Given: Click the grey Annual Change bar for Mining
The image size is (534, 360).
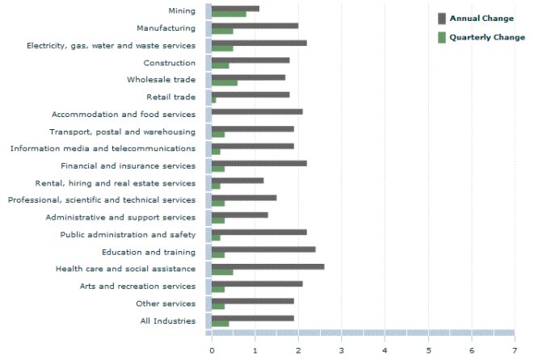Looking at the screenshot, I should point(235,8).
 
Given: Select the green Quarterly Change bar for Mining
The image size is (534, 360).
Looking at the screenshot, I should point(229,14).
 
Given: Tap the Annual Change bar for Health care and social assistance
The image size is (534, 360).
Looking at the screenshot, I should point(267,266).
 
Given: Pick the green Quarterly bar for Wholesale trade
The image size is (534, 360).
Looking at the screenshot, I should point(225,82).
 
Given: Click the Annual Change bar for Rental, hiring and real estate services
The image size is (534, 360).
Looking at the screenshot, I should point(238,180).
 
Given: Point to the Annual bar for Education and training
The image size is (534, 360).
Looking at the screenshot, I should point(263,249).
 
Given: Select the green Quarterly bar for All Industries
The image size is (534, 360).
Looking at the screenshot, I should point(220,324).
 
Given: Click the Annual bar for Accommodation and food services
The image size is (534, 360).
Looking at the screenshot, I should point(257,111).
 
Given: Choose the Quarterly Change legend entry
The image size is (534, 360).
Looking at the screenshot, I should point(481,37).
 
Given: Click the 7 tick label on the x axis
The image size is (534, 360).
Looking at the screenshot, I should point(515,350).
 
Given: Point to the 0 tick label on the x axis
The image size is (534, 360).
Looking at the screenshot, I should point(212,350).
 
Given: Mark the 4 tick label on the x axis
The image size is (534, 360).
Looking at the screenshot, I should point(385,350).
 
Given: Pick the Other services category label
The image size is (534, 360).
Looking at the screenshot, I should point(166,303).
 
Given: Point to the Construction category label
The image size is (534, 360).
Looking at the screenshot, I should point(169,63).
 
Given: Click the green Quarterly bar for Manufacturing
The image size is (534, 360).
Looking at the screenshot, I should point(222,31).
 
